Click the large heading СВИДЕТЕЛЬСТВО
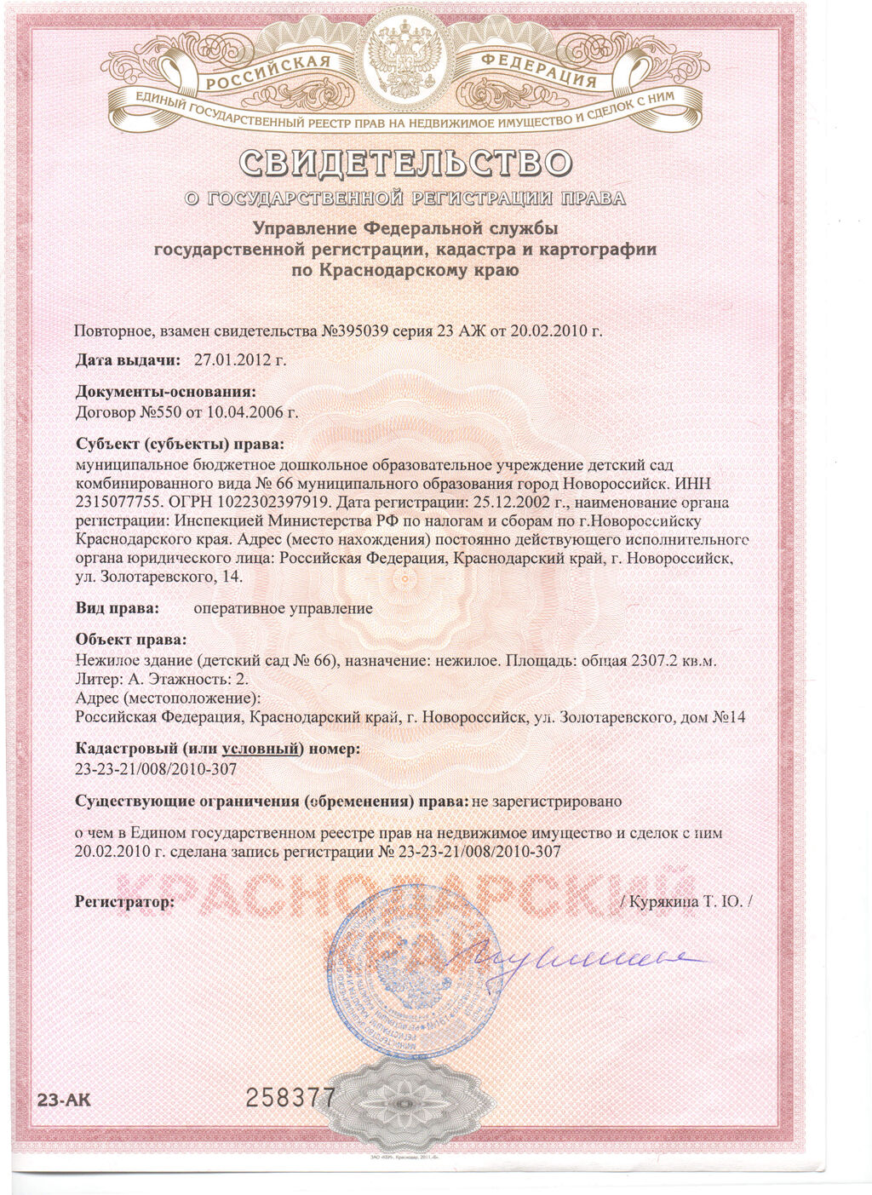click(405, 162)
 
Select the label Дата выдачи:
click(128, 360)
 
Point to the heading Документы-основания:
click(165, 392)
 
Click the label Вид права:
click(118, 608)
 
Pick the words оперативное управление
click(283, 608)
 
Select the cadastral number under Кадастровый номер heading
click(156, 769)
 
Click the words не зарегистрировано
click(547, 801)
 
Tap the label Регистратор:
click(124, 900)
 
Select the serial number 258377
click(290, 1099)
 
